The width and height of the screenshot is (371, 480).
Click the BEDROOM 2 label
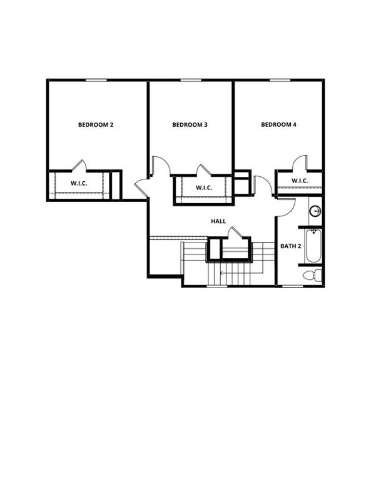[96, 125]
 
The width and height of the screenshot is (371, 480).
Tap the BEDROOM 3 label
[190, 125]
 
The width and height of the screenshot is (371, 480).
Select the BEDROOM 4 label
[278, 125]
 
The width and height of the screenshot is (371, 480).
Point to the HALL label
[218, 221]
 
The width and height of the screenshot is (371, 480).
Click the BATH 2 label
[291, 246]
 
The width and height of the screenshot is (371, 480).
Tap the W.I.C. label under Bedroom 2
[79, 184]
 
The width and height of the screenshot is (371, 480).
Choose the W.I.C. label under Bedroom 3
[205, 187]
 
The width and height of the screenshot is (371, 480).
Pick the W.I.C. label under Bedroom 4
[300, 181]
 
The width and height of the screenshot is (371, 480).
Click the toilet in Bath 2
[312, 274]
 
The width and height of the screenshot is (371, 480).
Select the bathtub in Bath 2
[314, 245]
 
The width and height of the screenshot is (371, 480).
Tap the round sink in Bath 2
[315, 211]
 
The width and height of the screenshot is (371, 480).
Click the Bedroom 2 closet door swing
[79, 166]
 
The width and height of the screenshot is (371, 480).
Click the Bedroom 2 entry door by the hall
[141, 187]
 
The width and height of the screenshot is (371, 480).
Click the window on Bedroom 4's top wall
[280, 80]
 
